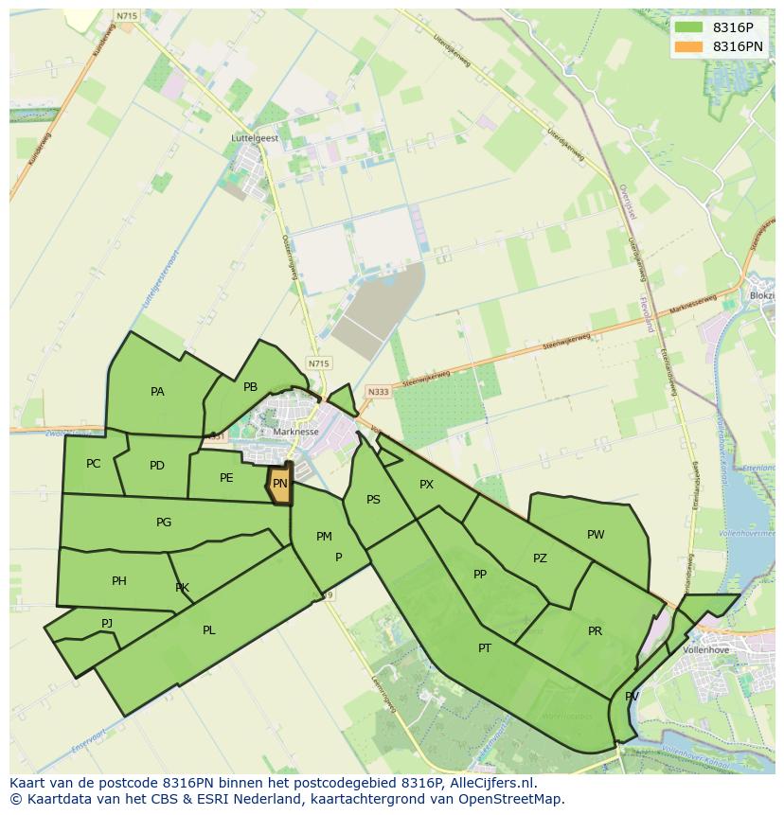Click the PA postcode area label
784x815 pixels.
157,392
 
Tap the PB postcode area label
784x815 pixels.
250,387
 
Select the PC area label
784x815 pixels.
93,464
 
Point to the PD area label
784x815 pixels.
157,466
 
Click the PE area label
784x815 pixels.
226,478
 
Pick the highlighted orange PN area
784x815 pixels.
279,484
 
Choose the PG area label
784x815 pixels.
164,523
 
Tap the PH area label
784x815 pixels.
118,581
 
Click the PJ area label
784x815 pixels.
107,623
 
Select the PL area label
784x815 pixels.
209,630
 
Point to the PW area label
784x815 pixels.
596,535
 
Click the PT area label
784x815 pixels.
485,648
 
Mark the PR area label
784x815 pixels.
595,631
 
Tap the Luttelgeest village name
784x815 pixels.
255,138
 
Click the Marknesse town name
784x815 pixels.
295,432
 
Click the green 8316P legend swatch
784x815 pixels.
688,27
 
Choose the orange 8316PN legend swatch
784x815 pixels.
688,46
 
